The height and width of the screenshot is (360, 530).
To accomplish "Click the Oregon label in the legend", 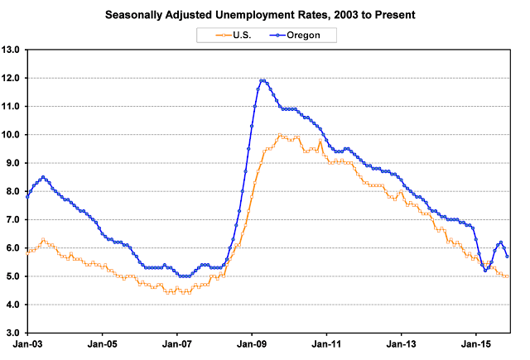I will click(316, 35).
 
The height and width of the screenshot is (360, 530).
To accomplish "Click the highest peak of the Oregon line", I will click(263, 80).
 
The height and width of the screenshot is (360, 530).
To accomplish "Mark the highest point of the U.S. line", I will click(280, 135).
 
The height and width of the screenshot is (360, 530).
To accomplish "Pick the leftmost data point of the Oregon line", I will click(27, 197).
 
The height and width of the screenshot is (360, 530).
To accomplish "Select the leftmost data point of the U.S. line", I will click(27, 253).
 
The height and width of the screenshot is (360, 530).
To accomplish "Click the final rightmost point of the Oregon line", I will click(507, 257).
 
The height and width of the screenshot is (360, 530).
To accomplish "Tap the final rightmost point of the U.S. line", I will click(507, 276).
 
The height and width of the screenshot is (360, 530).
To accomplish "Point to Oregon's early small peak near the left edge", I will click(43, 176).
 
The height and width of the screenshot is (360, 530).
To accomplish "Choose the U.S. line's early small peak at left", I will click(43, 239).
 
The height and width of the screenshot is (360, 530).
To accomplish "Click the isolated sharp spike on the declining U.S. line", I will click(320, 142).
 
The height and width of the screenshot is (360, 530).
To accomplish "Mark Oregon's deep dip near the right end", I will click(485, 270).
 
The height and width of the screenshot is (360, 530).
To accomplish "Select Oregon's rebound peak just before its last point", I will click(500, 242).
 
